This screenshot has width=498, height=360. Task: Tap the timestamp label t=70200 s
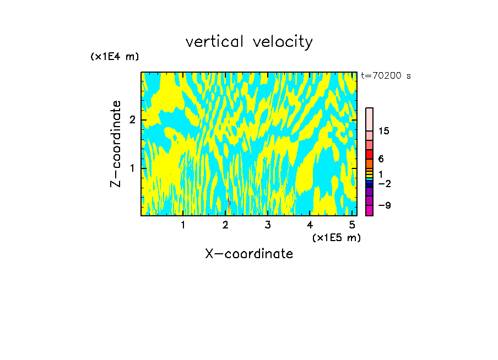click(x=386, y=76)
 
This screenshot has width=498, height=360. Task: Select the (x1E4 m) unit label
click(x=115, y=57)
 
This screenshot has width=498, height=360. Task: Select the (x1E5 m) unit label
click(x=336, y=237)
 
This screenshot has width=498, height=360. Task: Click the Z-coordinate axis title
click(x=116, y=144)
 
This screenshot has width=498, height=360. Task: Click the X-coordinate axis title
click(x=249, y=254)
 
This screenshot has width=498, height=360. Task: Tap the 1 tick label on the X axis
click(x=183, y=225)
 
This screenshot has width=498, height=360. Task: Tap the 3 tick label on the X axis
click(x=268, y=225)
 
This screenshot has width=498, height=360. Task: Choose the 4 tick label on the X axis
click(x=310, y=225)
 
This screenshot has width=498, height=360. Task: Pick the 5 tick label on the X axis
click(x=352, y=225)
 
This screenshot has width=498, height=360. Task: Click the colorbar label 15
click(x=384, y=131)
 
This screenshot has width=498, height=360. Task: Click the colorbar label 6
click(x=381, y=159)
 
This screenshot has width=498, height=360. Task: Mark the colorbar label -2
click(x=384, y=183)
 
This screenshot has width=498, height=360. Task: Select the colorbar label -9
click(x=384, y=205)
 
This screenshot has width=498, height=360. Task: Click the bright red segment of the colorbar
click(x=369, y=154)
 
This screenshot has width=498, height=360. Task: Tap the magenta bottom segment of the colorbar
click(x=369, y=210)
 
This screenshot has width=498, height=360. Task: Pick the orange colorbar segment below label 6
click(x=369, y=163)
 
